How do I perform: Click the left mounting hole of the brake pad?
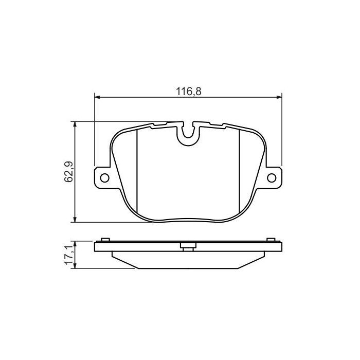pyautogui.click(x=104, y=178)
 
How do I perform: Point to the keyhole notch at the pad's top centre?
pyautogui.click(x=189, y=135)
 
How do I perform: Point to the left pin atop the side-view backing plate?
pyautogui.click(x=105, y=239)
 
